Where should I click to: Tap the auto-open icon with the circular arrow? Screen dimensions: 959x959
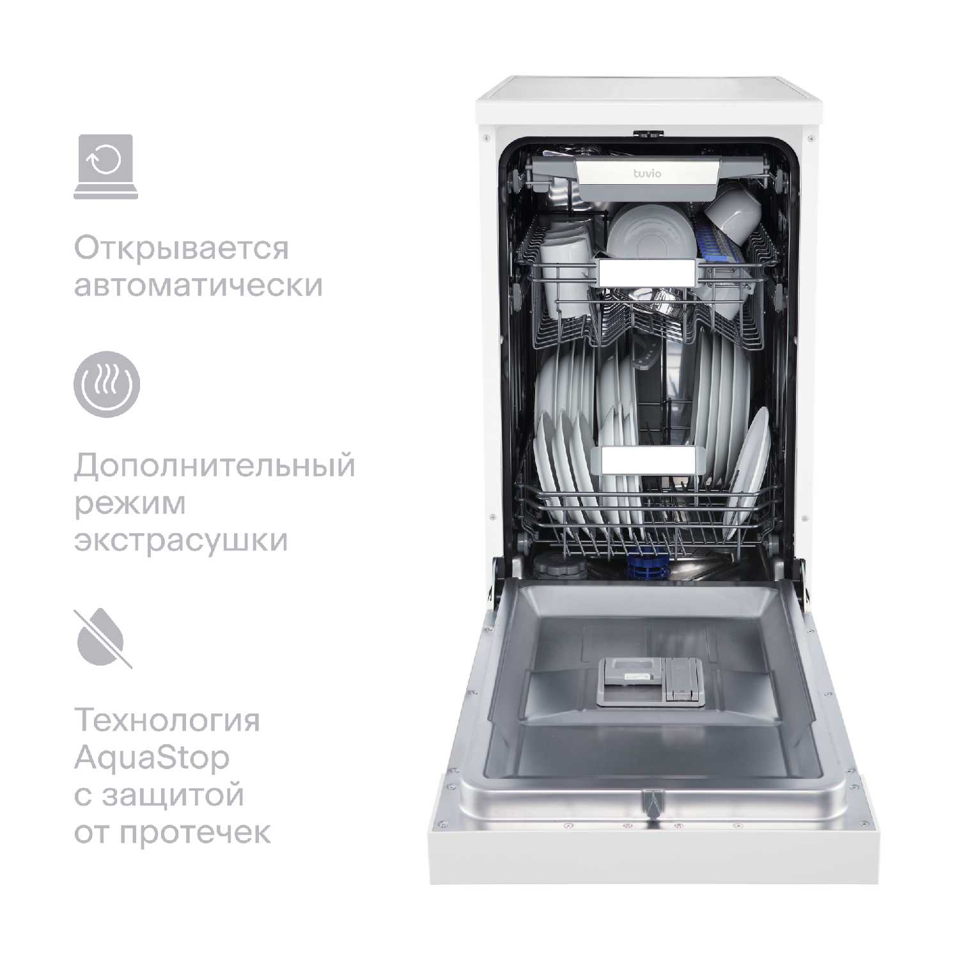[x=105, y=166]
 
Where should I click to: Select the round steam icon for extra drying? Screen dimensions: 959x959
[x=106, y=383]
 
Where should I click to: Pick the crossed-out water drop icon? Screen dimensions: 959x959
[x=104, y=639]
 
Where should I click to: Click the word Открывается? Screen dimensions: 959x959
[x=182, y=249]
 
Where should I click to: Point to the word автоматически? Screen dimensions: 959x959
[x=198, y=285]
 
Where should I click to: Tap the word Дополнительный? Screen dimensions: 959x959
[x=214, y=466]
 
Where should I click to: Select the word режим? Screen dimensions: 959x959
[x=130, y=504]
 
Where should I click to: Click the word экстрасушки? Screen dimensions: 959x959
[x=181, y=541]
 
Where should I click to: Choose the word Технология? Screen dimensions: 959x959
[x=168, y=721]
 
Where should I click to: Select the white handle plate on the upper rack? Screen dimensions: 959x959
[x=646, y=273]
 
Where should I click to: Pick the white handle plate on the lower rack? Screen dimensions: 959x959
[x=648, y=460]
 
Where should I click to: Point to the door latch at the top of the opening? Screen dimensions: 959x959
[x=648, y=134]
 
